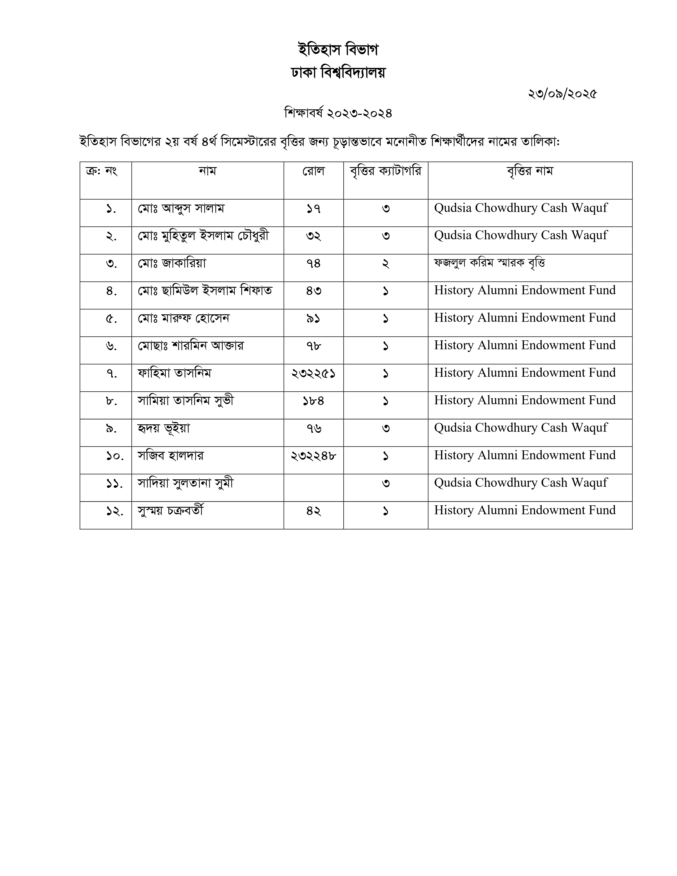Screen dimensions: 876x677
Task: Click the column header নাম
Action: pyautogui.click(x=207, y=171)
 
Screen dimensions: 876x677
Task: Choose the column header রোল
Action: pyautogui.click(x=313, y=171)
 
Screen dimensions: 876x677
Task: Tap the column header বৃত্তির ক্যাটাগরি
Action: pyautogui.click(x=385, y=171)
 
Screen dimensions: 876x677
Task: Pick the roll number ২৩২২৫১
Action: pyautogui.click(x=313, y=373)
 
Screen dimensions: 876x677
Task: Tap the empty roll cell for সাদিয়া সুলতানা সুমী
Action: pyautogui.click(x=313, y=488)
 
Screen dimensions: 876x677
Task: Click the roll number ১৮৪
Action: pyautogui.click(x=313, y=401)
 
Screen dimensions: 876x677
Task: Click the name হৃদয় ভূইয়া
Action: pyautogui.click(x=164, y=428)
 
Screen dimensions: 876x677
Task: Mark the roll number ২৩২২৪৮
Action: pyautogui.click(x=313, y=456)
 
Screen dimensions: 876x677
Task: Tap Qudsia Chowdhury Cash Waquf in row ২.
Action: pyautogui.click(x=521, y=235)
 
